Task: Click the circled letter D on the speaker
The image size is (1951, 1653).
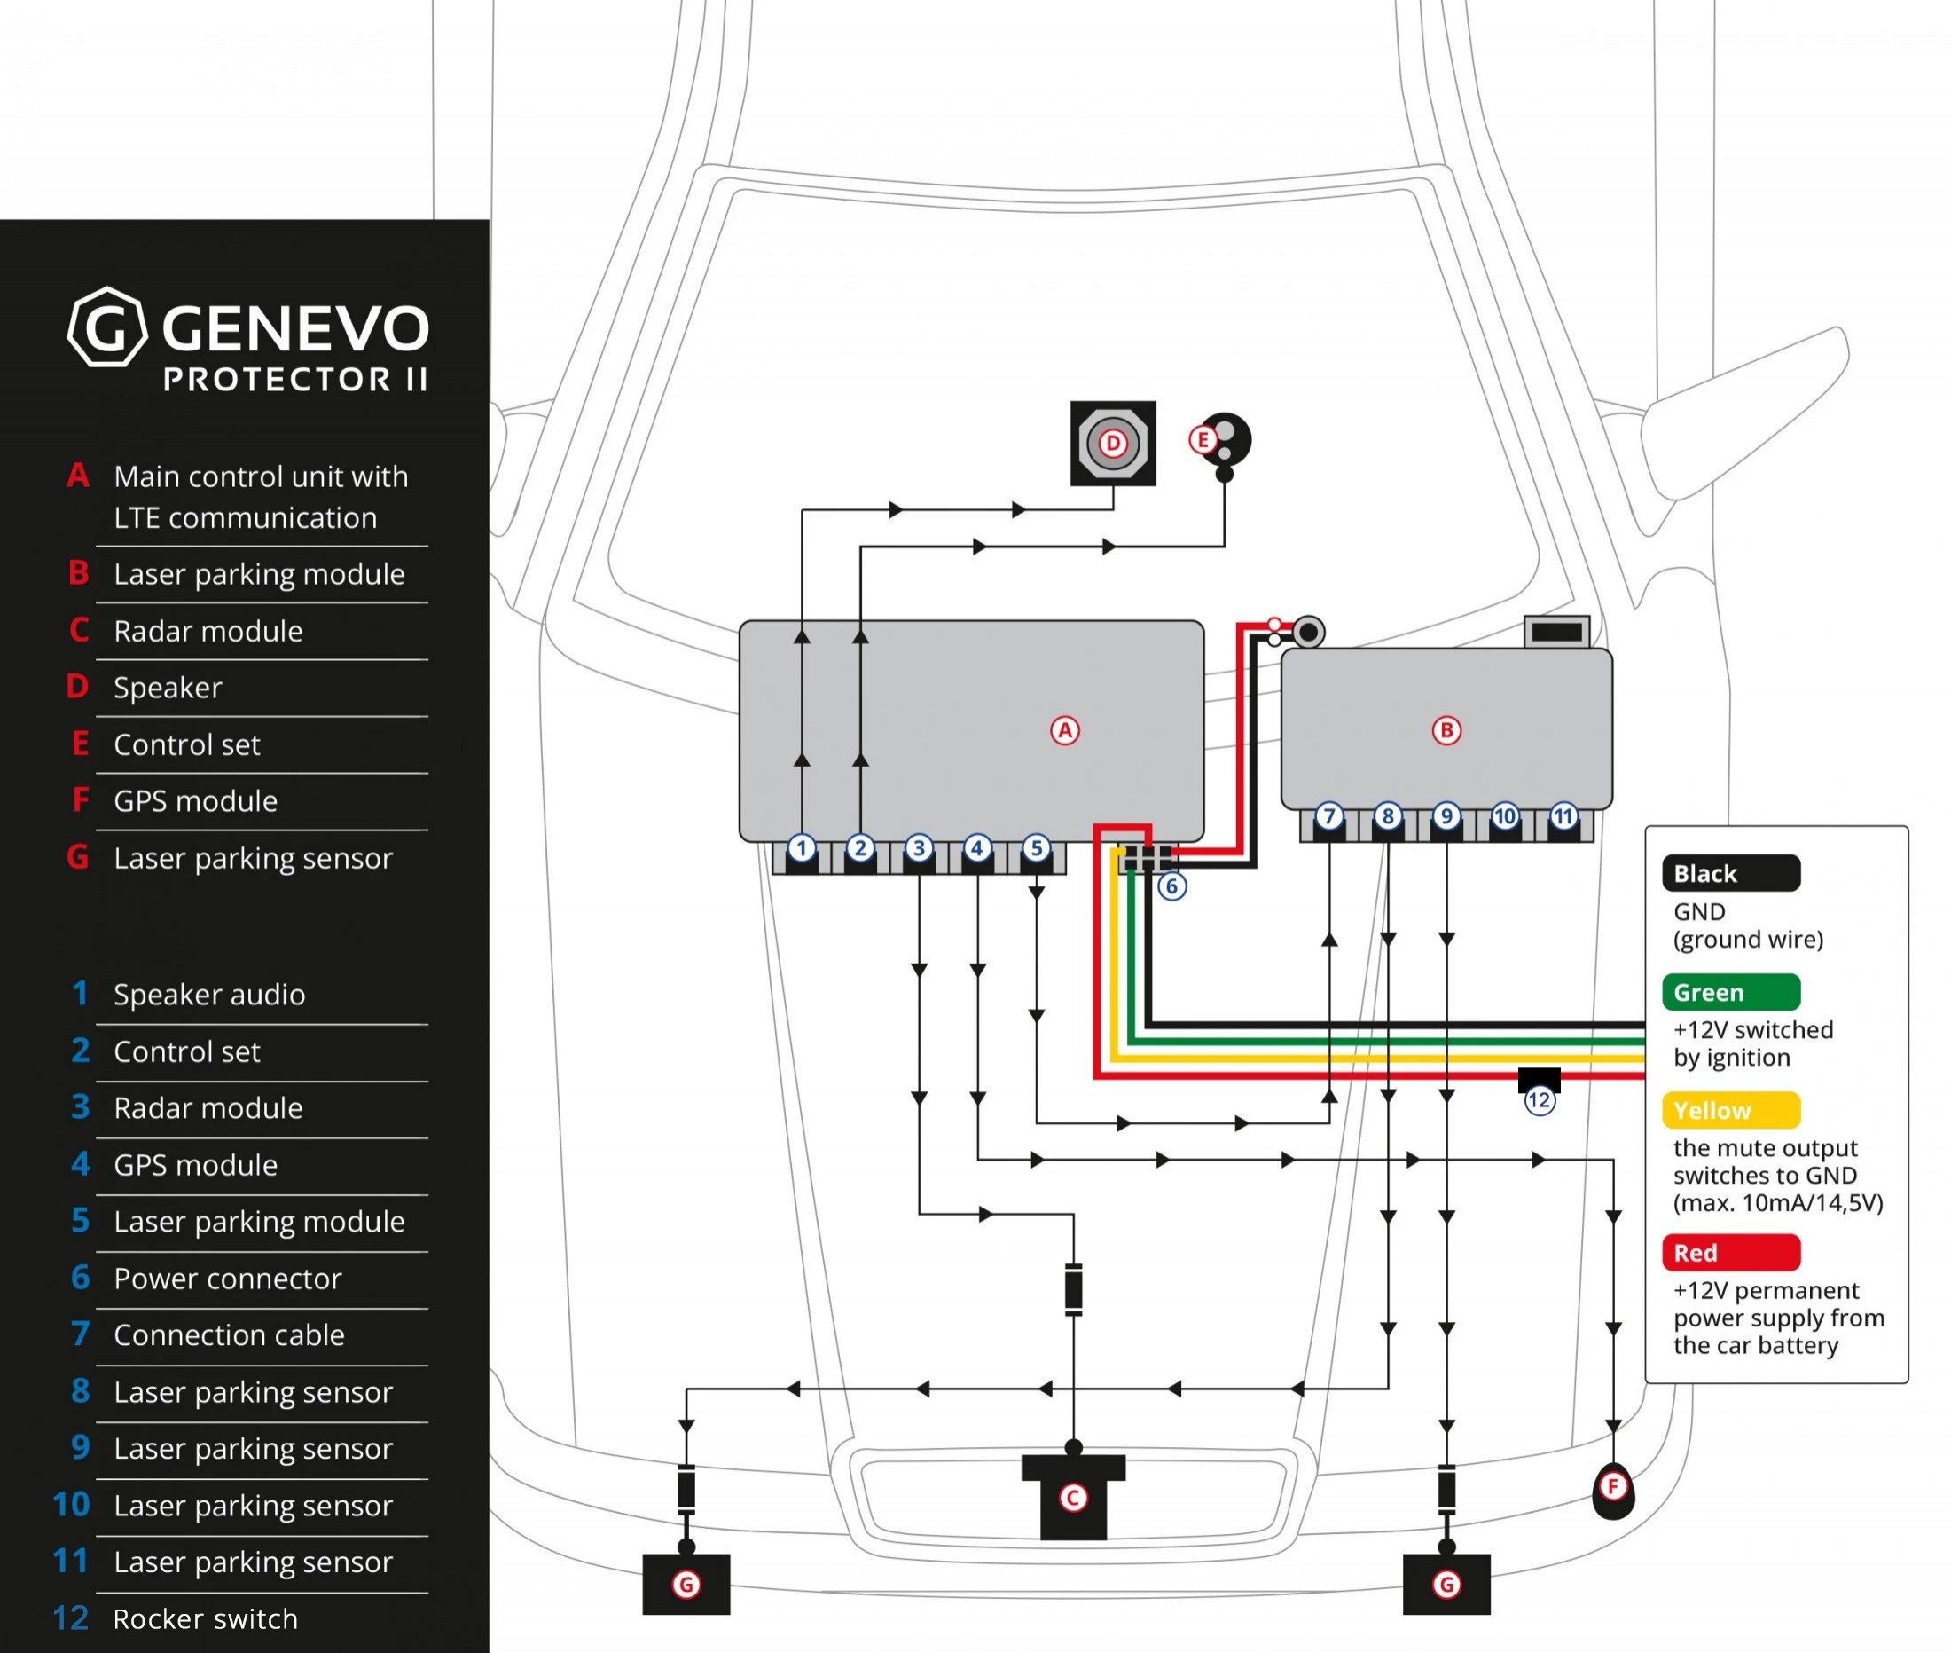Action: (x=1112, y=444)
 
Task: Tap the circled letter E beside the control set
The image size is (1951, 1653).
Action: (x=1202, y=439)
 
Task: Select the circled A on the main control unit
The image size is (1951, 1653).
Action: (x=1064, y=731)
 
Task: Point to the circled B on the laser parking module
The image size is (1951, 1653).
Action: (x=1446, y=731)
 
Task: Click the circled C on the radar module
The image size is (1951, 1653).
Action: (x=1072, y=1499)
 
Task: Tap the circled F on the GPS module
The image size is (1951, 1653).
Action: (x=1612, y=1486)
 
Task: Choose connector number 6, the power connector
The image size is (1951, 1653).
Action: (x=1171, y=886)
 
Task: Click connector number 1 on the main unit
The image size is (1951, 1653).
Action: (x=801, y=849)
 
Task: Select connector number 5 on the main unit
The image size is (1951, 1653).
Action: (x=1035, y=849)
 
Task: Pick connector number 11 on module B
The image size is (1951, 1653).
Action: (x=1563, y=817)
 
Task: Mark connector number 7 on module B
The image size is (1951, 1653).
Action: (x=1328, y=817)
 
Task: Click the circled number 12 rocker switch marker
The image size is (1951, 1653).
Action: (x=1539, y=1100)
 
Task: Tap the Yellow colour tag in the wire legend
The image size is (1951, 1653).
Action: (x=1730, y=1111)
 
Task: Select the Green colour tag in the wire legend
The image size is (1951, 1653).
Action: (x=1730, y=992)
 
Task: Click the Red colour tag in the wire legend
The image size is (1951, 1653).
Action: (x=1730, y=1253)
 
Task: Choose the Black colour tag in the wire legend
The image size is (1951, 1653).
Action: (x=1730, y=873)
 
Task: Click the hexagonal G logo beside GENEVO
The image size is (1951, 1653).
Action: (x=107, y=327)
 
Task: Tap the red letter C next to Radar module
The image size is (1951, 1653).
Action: (x=80, y=631)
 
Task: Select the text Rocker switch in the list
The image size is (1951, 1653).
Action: (x=205, y=1619)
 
